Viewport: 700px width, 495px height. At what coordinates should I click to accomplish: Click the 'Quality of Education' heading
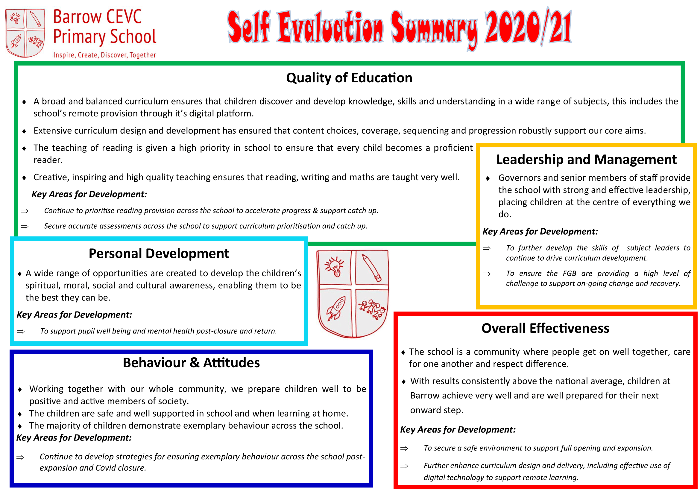coord(349,78)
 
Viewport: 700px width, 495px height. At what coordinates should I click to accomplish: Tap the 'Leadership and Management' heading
coord(586,160)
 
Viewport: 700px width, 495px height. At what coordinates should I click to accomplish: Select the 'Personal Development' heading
coord(159,253)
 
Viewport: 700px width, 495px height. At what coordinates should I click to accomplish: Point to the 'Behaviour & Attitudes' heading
coord(191,363)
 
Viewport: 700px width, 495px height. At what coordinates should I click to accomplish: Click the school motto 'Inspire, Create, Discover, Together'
coord(104,55)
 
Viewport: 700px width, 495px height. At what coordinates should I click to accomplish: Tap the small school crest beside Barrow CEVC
coord(25,33)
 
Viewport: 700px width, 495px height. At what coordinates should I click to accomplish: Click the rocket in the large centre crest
coord(336,309)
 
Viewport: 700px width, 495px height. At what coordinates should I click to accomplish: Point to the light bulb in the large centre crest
coord(335,267)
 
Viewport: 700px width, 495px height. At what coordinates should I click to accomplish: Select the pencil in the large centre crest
coord(371,268)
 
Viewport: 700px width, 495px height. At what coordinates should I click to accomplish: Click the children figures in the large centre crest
coord(372,309)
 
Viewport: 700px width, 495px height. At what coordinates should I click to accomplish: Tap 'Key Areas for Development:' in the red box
coord(458,430)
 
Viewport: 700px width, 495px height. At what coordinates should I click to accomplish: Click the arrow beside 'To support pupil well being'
coord(21,331)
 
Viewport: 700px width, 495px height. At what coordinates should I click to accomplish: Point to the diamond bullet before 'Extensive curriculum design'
coord(24,131)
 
